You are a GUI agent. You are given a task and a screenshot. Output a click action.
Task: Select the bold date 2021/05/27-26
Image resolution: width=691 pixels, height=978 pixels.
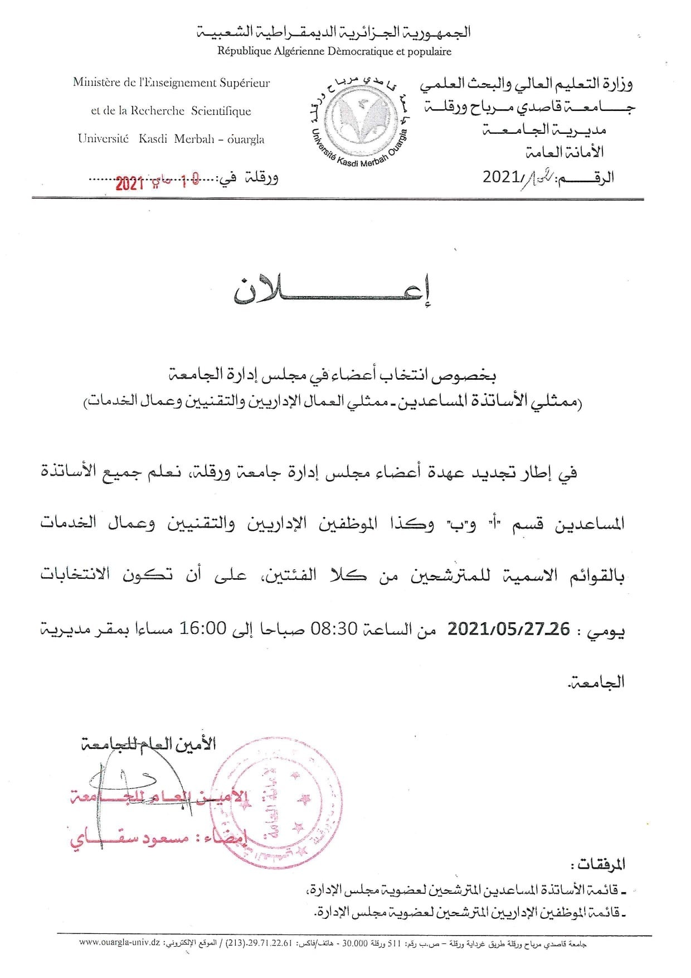(509, 629)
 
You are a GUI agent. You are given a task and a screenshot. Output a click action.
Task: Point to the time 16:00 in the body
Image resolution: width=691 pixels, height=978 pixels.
(202, 629)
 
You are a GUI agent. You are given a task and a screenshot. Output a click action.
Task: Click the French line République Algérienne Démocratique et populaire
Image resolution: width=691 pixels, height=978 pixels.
(334, 51)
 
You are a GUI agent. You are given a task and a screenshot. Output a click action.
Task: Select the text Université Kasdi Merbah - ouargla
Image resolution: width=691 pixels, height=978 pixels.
(171, 139)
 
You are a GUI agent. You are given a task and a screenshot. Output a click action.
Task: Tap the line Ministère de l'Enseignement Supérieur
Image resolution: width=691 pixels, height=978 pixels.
(171, 83)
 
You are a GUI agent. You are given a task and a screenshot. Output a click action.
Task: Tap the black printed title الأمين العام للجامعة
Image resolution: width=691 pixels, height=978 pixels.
(148, 744)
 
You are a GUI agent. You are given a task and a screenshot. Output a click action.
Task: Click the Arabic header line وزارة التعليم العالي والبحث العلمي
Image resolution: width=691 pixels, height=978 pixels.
(526, 84)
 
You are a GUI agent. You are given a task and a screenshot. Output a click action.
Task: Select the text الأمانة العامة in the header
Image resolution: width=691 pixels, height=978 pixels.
(565, 152)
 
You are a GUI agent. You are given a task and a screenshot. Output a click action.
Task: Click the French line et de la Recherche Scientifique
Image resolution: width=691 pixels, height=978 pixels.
(171, 111)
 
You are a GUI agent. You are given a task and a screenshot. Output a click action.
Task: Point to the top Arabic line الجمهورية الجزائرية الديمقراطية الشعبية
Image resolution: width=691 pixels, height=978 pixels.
(334, 32)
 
